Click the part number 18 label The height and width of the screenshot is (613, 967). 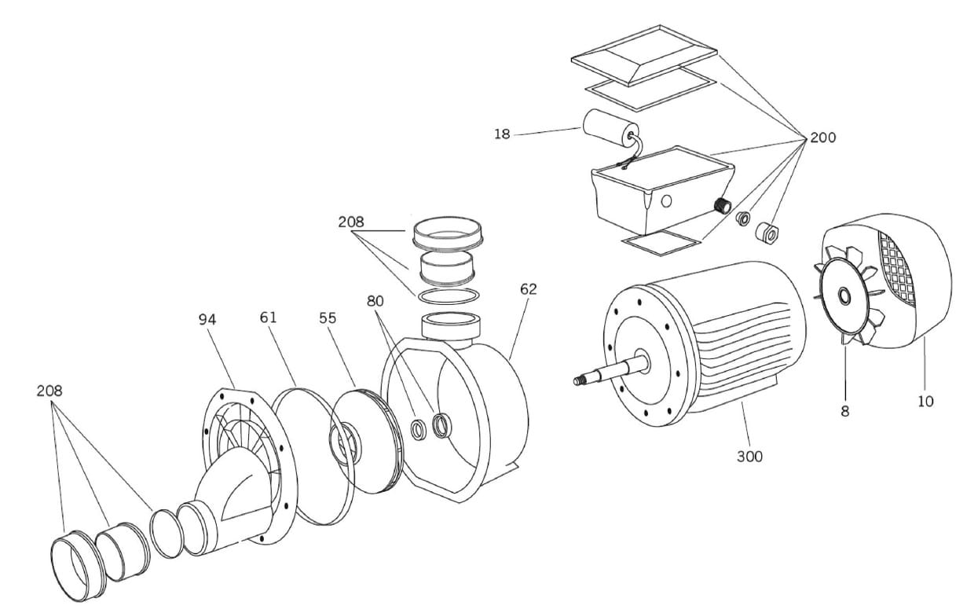point(502,134)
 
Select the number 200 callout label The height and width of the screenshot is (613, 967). point(822,138)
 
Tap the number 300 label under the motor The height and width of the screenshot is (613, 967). point(750,457)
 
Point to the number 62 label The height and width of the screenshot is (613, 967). point(529,289)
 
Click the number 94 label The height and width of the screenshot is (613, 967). point(207,320)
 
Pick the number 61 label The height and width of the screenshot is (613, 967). point(268,318)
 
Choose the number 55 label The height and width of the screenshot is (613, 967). point(328,318)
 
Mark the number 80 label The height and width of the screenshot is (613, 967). point(375,301)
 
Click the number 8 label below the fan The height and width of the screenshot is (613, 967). point(844,411)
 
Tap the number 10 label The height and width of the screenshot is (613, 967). point(925,402)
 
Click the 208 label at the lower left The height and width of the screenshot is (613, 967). point(49,391)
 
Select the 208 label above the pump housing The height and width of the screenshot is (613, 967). point(351,222)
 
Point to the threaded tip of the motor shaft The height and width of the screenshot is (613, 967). point(578,381)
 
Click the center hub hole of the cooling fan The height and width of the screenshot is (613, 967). point(844,297)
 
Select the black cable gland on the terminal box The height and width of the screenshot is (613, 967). point(722,206)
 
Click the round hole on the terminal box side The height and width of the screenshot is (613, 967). point(667,201)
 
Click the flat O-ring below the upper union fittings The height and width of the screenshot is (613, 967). point(448,296)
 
